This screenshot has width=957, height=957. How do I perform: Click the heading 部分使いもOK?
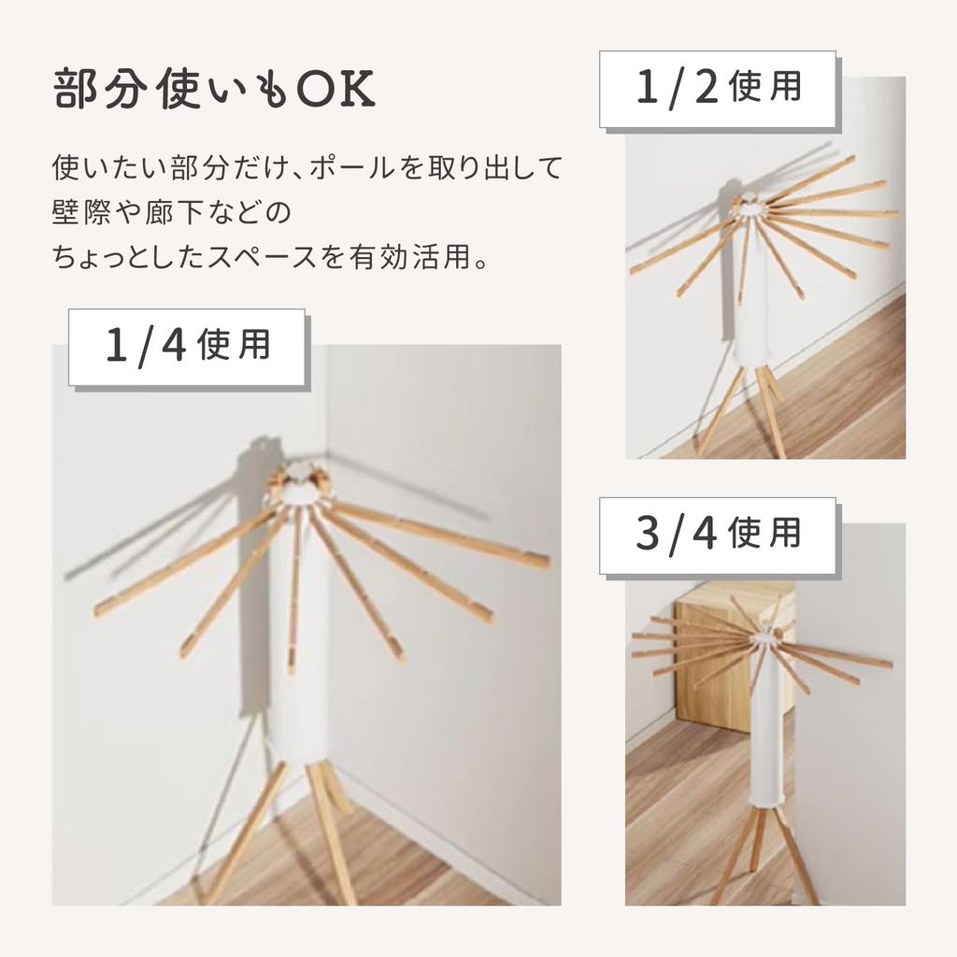point(214,91)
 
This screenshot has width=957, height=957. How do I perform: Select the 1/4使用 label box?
point(187,347)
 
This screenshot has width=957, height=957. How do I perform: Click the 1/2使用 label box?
point(718,89)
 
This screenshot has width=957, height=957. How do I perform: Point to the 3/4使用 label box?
point(718,535)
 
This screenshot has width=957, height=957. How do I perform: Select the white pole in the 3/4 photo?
point(765,738)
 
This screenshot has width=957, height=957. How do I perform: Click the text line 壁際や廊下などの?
point(172,212)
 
